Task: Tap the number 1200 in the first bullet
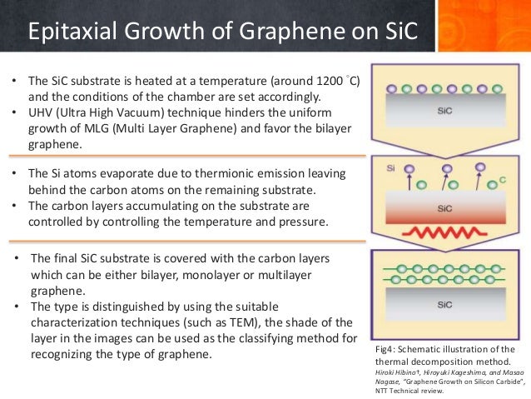[320, 81]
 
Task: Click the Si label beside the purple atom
[391, 168]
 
